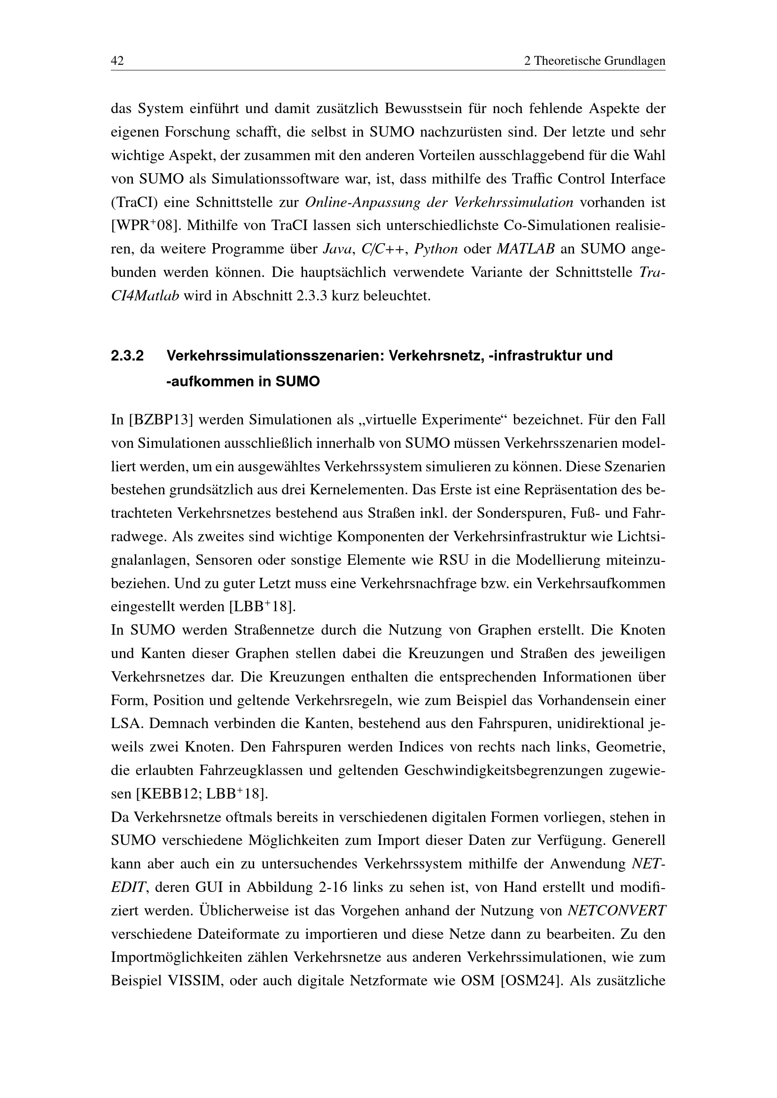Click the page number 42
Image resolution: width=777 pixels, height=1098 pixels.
pos(117,61)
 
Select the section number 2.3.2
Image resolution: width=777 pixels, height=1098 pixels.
pos(127,356)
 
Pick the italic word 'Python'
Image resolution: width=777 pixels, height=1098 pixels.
pos(436,249)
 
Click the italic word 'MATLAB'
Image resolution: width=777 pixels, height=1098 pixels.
pos(526,249)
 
